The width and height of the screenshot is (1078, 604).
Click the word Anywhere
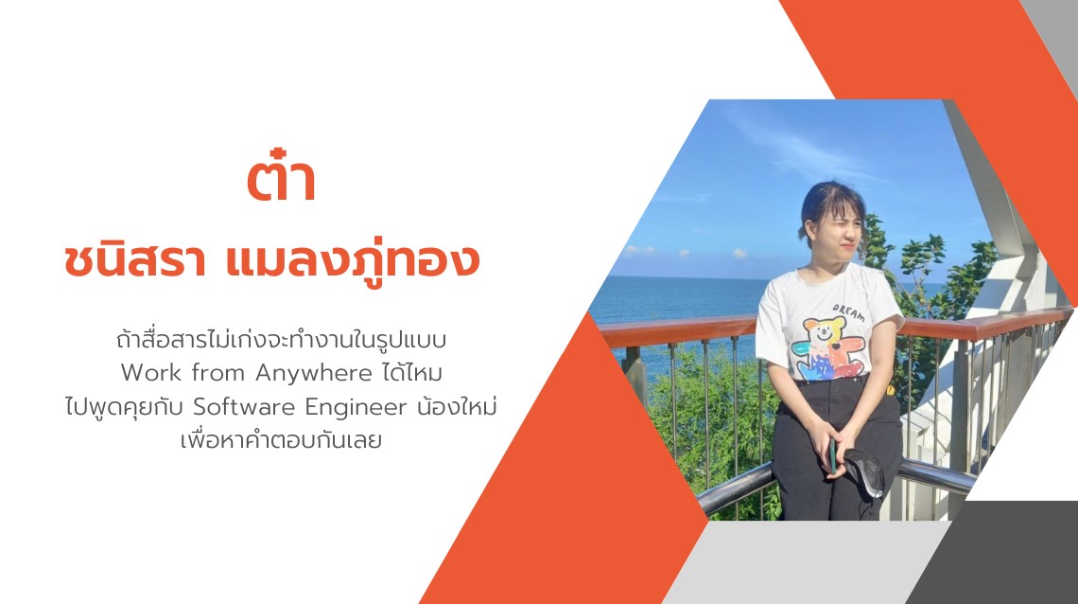(314, 373)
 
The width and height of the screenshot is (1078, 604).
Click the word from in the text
(219, 373)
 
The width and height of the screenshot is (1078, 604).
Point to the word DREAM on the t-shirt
(848, 311)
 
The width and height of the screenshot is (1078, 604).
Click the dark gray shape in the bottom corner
(1002, 559)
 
